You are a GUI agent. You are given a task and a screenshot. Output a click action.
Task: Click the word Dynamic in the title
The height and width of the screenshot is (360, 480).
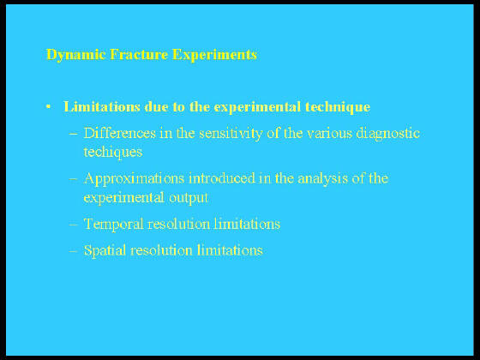76,56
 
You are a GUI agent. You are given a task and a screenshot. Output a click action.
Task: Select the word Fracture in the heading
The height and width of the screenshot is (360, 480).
139,55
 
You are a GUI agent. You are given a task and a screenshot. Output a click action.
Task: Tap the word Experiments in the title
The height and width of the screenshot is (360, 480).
214,56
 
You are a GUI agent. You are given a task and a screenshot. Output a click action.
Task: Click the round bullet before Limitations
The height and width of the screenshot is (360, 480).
48,106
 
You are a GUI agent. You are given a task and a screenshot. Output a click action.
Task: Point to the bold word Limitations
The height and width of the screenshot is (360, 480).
102,106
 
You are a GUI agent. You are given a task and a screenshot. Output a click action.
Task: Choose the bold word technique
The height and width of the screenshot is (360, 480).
338,107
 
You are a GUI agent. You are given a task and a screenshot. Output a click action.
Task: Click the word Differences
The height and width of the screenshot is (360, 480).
119,133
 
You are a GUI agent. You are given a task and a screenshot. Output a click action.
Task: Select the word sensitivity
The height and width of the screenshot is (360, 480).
231,134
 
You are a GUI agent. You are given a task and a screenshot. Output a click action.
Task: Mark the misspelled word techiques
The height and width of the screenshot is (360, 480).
113,153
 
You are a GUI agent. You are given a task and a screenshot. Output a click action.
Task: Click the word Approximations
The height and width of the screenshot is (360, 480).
134,179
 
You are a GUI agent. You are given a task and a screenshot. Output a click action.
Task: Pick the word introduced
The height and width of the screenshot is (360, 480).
222,178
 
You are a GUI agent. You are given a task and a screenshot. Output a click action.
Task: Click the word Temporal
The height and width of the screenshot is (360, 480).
113,225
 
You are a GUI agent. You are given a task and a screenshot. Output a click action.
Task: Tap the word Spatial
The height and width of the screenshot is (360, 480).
105,250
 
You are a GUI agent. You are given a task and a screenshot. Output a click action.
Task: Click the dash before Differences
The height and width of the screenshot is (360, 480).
74,134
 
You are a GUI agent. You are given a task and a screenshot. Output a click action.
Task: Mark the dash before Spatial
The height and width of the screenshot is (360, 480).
74,251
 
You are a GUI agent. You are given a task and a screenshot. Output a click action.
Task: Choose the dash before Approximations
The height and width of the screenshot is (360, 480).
74,179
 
